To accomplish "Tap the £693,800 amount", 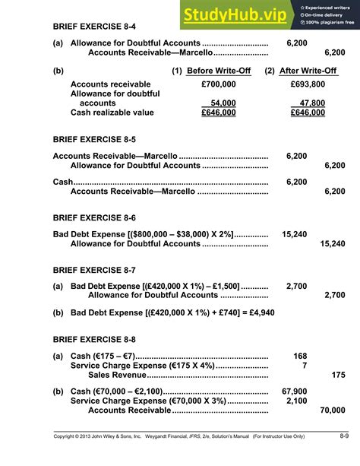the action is coord(308,84).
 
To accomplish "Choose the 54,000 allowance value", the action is coord(223,103).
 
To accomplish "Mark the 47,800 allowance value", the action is coord(312,103).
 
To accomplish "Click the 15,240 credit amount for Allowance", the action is coord(333,244).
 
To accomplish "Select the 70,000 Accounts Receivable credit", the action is coord(333,411).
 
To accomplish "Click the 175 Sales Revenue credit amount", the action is coord(339,375).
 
